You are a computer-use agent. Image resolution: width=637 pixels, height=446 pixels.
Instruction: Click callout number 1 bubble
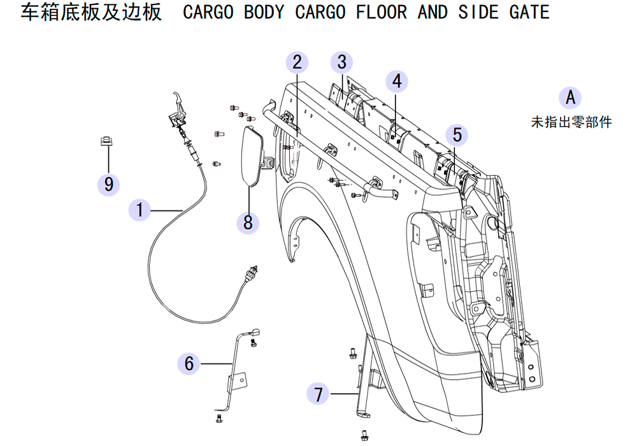click(140, 210)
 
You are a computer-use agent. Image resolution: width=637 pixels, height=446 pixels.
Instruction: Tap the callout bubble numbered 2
click(297, 62)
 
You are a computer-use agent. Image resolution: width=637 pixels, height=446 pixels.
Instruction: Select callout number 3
click(341, 62)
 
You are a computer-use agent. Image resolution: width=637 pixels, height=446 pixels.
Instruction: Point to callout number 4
click(396, 82)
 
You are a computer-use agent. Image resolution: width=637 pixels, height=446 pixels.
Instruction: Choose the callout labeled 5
click(457, 135)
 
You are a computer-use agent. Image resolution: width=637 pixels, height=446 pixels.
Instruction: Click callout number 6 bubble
click(189, 364)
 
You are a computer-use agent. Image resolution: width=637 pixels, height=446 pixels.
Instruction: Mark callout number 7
click(318, 394)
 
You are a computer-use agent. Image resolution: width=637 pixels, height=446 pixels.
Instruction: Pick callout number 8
click(248, 222)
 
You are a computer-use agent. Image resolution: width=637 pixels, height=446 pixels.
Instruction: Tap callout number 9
click(108, 184)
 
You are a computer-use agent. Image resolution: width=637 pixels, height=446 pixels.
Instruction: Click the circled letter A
click(570, 98)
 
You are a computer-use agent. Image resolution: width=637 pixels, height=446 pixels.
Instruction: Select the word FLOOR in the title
click(382, 11)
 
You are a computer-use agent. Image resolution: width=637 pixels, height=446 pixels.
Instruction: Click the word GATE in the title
click(529, 11)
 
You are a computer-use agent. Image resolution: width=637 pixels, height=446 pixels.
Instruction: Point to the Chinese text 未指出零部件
click(571, 122)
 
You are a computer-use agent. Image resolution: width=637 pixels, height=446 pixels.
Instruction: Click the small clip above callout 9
click(106, 141)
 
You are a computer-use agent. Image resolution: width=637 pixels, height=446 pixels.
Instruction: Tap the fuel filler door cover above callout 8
click(253, 156)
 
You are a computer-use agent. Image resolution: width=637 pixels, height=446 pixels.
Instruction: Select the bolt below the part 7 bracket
click(364, 435)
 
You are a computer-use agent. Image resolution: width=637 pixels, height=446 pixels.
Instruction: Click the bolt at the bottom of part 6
click(219, 418)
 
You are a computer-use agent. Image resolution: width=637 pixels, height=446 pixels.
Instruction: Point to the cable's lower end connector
click(250, 272)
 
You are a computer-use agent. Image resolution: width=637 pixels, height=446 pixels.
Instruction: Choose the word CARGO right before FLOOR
click(320, 11)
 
